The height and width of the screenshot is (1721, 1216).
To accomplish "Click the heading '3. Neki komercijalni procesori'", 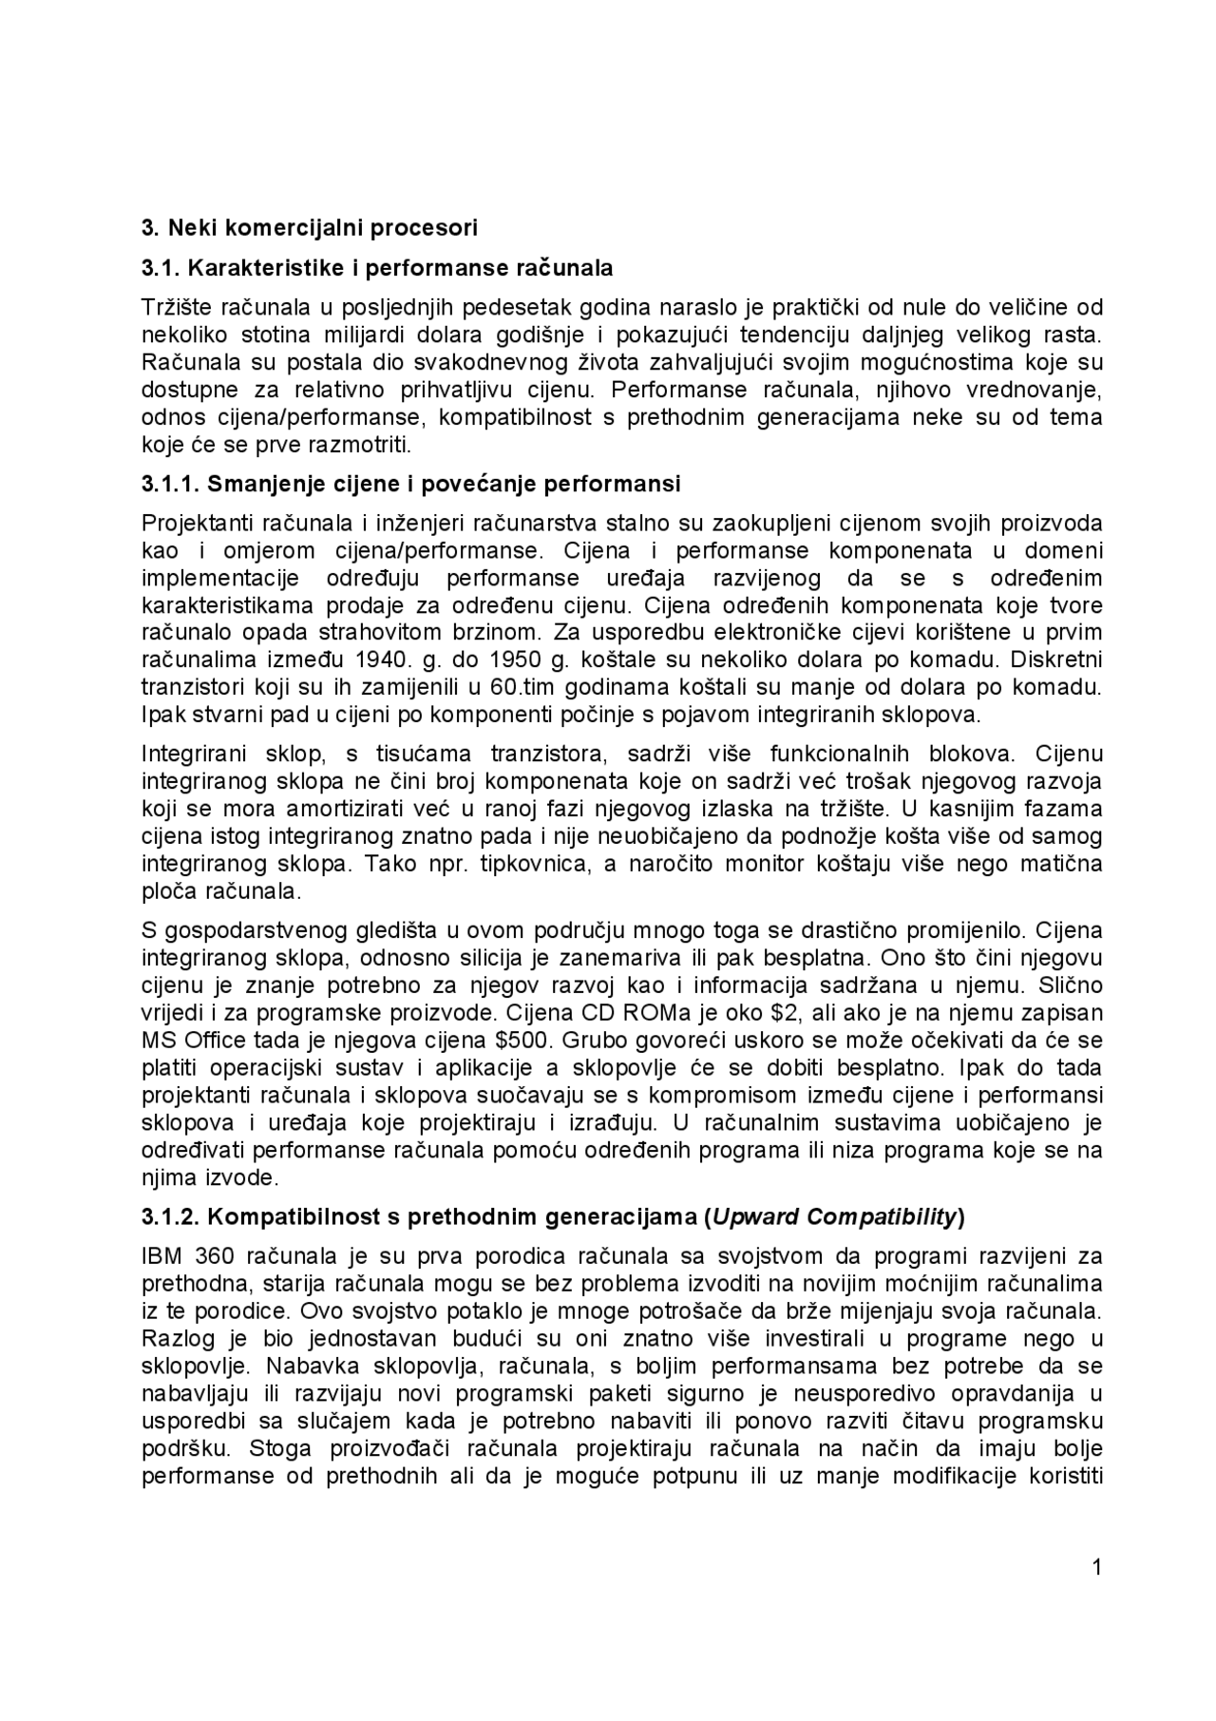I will click(309, 228).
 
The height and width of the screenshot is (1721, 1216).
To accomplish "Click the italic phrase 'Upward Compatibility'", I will click(834, 1216).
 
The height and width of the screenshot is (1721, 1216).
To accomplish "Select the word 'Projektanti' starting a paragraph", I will click(194, 524).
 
